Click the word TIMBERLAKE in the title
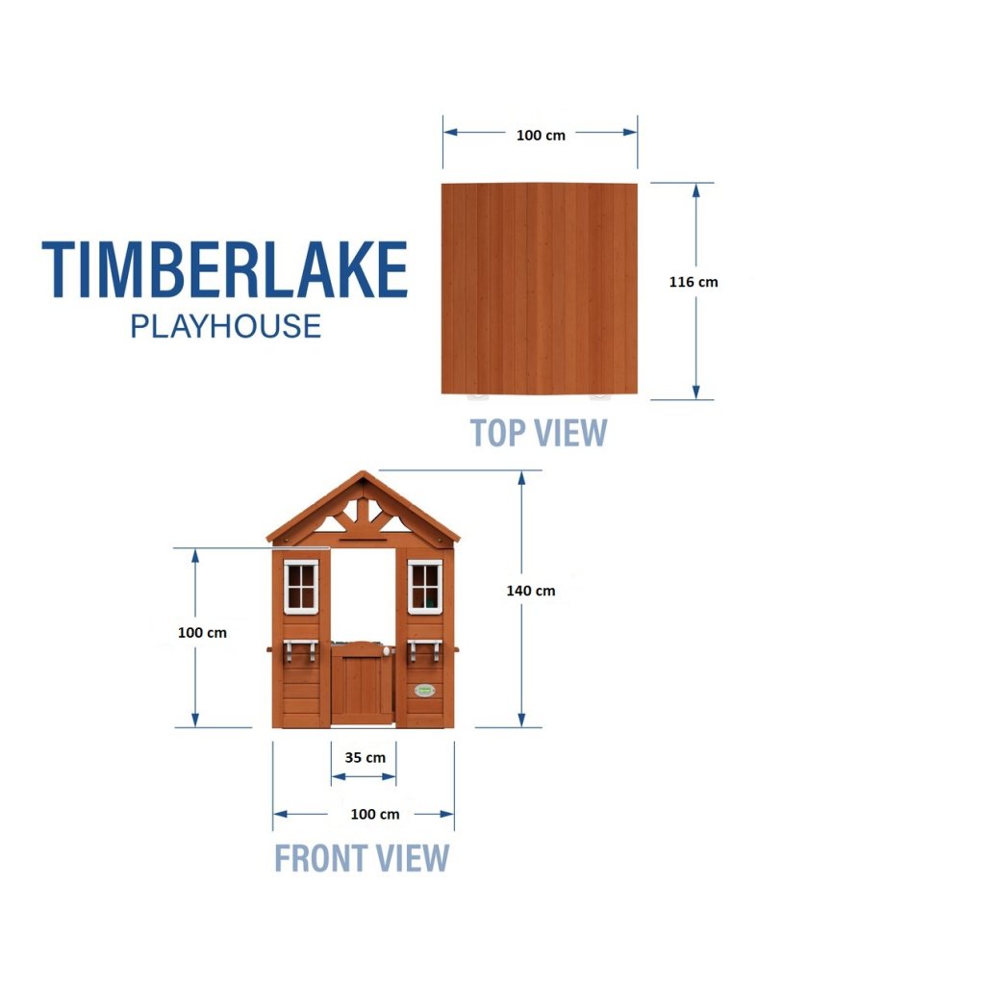[225, 269]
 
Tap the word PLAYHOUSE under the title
[225, 327]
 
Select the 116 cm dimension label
[694, 282]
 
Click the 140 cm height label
[531, 591]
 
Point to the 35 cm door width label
[365, 758]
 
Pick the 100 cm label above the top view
[541, 135]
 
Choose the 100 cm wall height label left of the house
[202, 633]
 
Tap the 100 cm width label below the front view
[375, 814]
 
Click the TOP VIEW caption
[539, 433]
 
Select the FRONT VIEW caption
[362, 858]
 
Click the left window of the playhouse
[301, 587]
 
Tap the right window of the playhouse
[425, 587]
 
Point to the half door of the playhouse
[363, 684]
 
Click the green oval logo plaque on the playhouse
[424, 691]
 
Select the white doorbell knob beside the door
[388, 652]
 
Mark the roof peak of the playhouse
[363, 471]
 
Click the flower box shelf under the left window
[300, 650]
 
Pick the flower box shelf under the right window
[424, 650]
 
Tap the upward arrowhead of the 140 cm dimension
[521, 479]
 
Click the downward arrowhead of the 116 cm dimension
[695, 391]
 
